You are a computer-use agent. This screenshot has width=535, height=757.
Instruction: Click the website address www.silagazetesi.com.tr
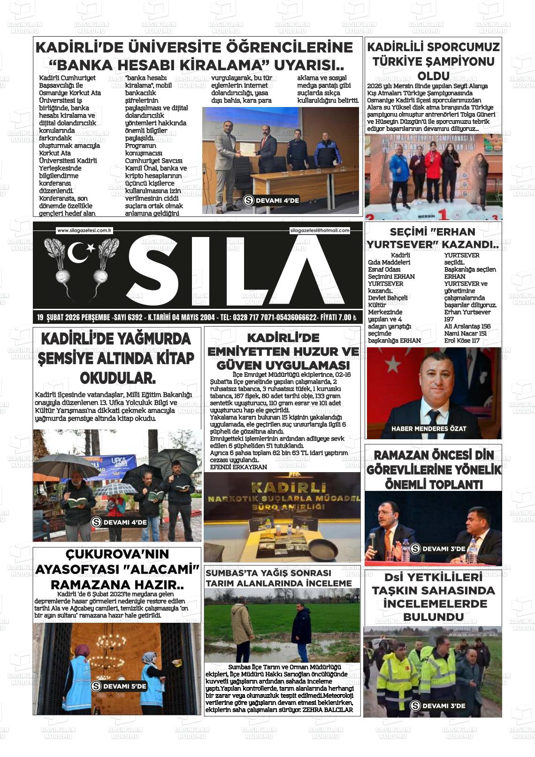(84, 230)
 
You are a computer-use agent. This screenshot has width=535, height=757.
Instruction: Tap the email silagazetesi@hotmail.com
(320, 230)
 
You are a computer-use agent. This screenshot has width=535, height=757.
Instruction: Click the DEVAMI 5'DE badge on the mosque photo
(119, 686)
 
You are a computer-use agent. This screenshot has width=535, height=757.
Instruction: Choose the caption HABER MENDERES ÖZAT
(428, 428)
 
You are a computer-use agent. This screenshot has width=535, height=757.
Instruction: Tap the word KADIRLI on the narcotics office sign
(282, 487)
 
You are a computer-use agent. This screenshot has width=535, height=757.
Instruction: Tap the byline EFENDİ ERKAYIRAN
(238, 467)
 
